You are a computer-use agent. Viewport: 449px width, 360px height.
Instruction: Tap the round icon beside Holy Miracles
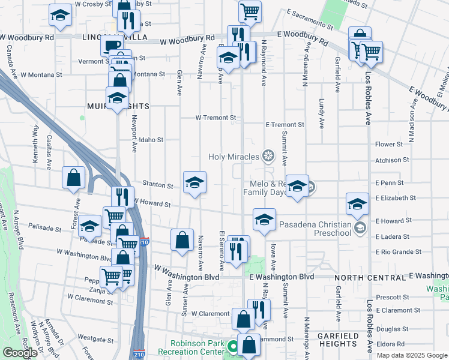(x=268, y=157)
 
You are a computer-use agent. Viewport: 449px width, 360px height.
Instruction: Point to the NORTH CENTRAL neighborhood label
(x=370, y=278)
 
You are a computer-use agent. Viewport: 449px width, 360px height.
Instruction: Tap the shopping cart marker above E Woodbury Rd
(x=249, y=10)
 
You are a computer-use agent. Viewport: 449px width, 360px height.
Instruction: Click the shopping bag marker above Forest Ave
(x=73, y=178)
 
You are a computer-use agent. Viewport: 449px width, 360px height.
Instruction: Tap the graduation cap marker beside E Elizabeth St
(x=357, y=204)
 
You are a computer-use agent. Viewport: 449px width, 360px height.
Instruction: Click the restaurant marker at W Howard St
(x=122, y=196)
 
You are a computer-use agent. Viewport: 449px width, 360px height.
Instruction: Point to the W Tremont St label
(x=215, y=118)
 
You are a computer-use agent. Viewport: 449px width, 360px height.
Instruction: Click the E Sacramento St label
(x=309, y=19)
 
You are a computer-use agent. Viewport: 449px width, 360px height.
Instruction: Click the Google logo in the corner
(x=20, y=352)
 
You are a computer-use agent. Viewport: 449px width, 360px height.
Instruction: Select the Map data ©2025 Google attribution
(x=412, y=355)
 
